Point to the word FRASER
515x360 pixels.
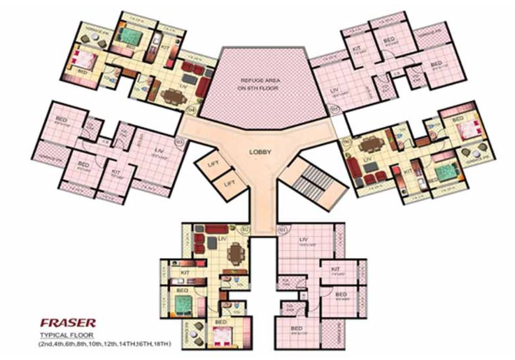tap(68, 322)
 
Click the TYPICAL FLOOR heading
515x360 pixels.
tap(65, 336)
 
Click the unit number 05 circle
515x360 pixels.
tap(334, 109)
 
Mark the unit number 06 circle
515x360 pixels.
tap(348, 141)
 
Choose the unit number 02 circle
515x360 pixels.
tap(245, 228)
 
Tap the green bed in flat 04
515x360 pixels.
tap(131, 37)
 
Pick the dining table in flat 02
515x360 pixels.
tap(236, 255)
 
